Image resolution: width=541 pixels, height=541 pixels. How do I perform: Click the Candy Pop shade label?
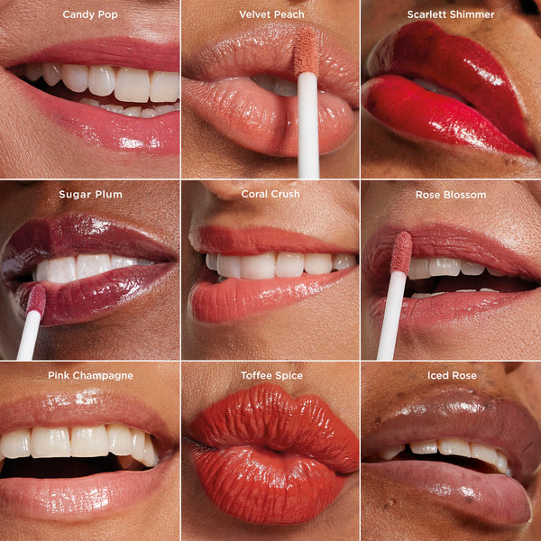point(90,14)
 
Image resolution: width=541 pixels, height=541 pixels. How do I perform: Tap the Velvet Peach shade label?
point(271,14)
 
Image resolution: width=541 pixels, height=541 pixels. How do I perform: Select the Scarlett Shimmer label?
point(451,14)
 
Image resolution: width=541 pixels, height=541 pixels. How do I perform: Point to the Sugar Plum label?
point(90,195)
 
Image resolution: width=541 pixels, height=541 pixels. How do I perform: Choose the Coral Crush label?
point(270,195)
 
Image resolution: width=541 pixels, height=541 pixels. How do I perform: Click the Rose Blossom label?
point(451,195)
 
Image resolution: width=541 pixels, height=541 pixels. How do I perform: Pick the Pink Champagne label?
point(90,375)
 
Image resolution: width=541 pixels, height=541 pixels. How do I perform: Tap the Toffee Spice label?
point(271,375)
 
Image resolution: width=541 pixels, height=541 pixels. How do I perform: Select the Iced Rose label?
point(451,375)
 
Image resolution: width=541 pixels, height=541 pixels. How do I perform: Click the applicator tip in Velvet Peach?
point(306,50)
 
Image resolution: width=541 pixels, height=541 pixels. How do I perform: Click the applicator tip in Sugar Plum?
point(36,298)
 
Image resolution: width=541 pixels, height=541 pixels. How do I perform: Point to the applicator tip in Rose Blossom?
point(401,252)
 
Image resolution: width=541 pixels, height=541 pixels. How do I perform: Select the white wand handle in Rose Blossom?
point(391,316)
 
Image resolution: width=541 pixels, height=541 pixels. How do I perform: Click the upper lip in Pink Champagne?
point(90,410)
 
